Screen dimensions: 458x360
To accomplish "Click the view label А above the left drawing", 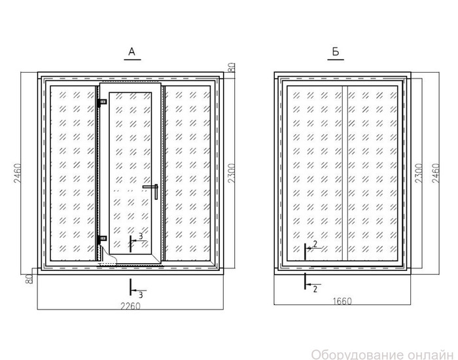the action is (x=132, y=52).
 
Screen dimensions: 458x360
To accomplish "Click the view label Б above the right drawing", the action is (x=336, y=52).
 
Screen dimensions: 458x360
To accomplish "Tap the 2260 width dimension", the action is (x=131, y=306).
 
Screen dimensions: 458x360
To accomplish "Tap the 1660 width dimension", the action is (x=342, y=301).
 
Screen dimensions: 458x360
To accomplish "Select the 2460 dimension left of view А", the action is (x=18, y=173).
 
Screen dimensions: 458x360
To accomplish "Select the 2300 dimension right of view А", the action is (x=232, y=173).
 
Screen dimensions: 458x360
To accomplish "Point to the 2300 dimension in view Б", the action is (x=419, y=173).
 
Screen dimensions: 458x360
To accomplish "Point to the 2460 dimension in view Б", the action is (x=436, y=173).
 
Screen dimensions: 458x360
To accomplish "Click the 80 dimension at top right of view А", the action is (x=231, y=68).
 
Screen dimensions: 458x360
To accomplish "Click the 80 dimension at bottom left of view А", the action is (x=29, y=279).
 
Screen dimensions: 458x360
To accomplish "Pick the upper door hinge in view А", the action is (x=102, y=102).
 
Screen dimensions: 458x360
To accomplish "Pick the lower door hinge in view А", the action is (x=102, y=238).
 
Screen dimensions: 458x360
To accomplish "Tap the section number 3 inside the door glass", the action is (x=141, y=236).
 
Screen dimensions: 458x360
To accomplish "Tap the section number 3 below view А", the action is (x=141, y=295).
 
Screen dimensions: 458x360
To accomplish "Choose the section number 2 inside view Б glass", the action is (x=315, y=243).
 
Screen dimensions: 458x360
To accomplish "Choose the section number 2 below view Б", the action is (x=315, y=289).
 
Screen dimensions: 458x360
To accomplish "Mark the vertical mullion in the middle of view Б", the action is (x=345, y=173).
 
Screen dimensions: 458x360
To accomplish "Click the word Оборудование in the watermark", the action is (x=367, y=355).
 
